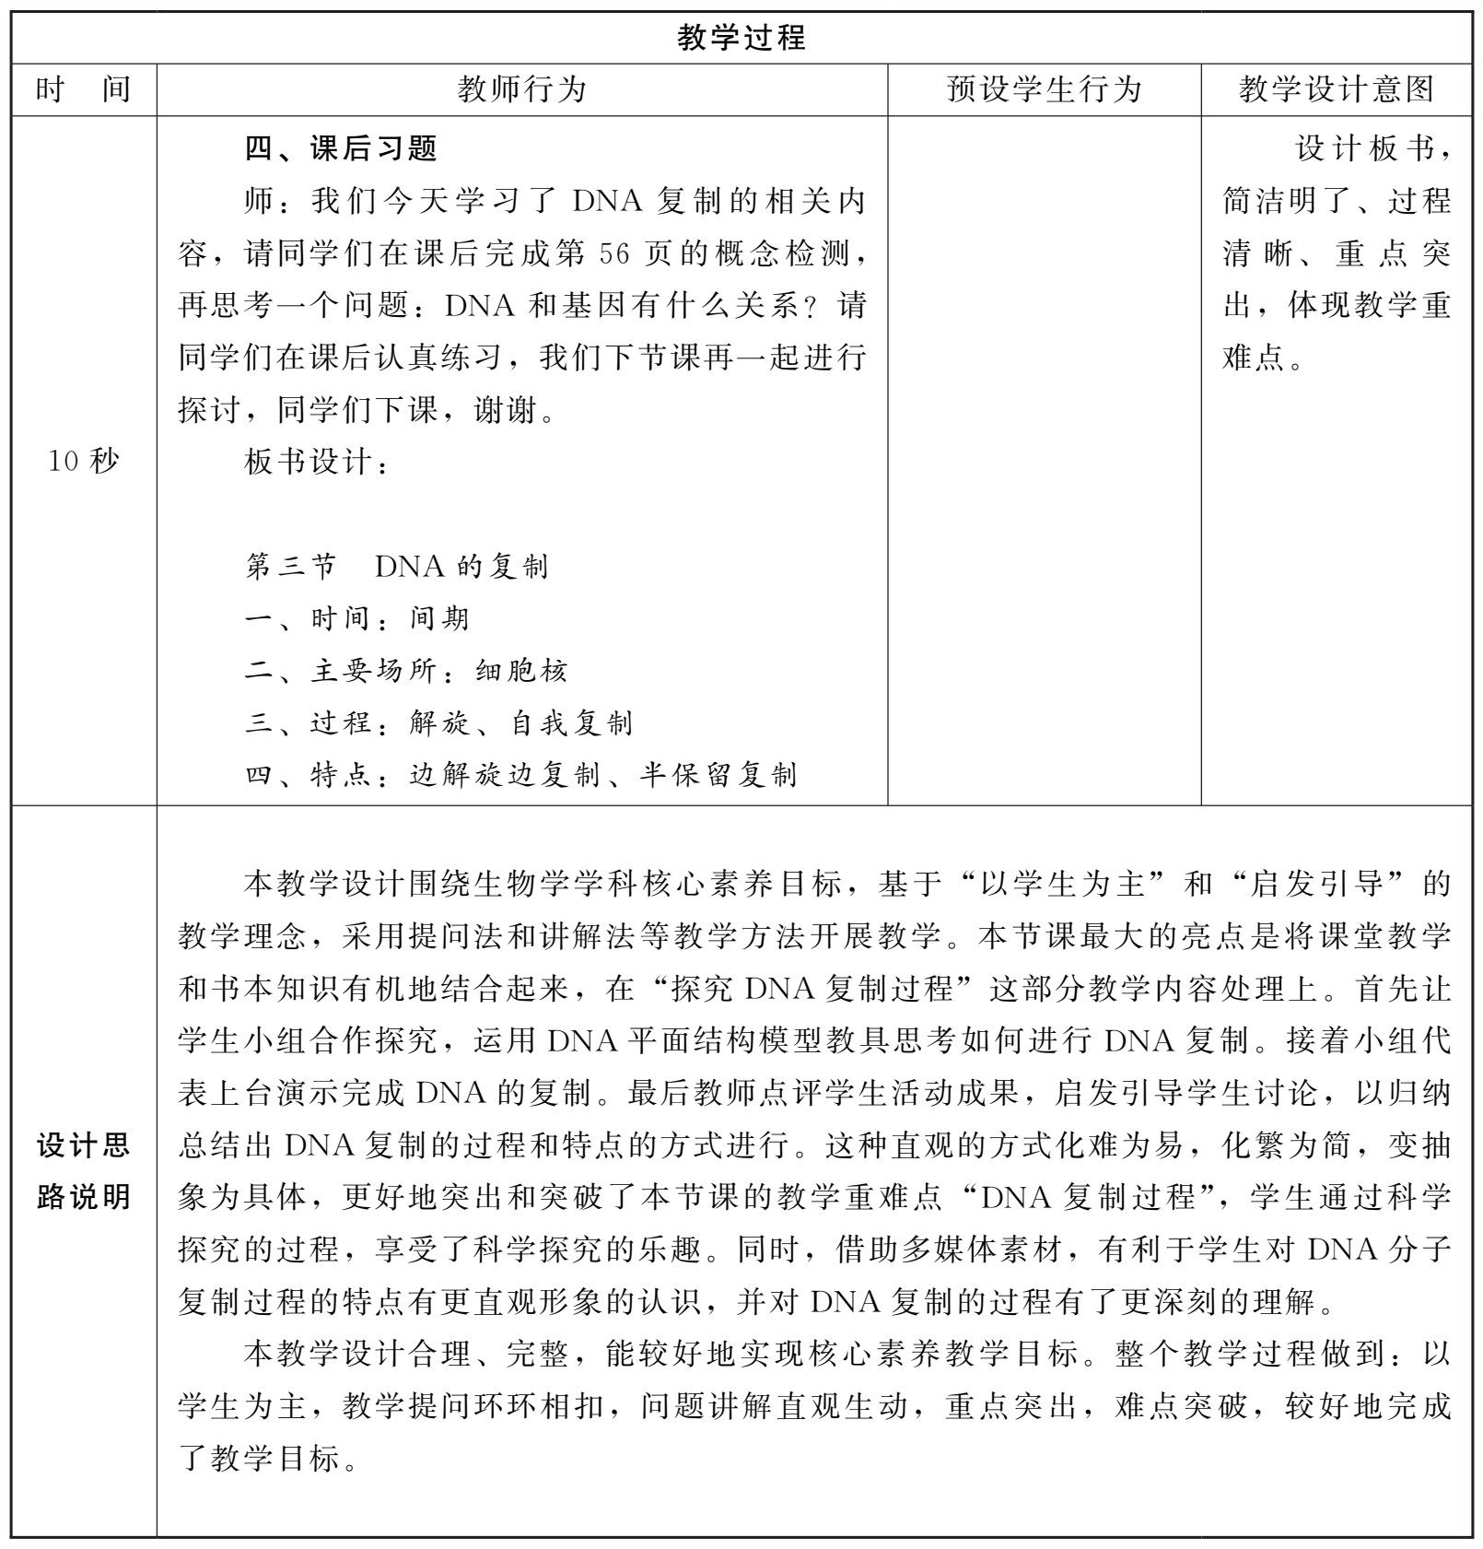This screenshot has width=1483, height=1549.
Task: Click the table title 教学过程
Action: point(741,38)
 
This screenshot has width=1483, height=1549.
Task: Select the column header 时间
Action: point(83,89)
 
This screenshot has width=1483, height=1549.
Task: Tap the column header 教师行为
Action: point(522,89)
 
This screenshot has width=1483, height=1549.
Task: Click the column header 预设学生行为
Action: point(1044,89)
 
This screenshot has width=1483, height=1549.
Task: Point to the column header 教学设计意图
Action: point(1336,89)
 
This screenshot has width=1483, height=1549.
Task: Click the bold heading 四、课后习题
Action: point(341,148)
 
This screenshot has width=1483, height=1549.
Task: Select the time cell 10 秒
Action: point(83,461)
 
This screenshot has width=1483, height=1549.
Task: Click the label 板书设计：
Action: point(316,462)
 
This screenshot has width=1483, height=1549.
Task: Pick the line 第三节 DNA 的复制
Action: point(396,566)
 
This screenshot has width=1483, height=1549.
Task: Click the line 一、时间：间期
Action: point(356,618)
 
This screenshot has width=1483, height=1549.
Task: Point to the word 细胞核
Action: point(521,671)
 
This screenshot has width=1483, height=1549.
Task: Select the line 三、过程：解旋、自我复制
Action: point(438,723)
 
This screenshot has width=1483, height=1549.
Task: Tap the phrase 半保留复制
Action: point(718,775)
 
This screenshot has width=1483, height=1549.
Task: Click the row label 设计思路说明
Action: point(83,1171)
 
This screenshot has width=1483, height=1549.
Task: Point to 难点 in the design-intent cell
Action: point(1253,358)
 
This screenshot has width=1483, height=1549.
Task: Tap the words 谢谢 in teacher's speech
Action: point(505,409)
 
